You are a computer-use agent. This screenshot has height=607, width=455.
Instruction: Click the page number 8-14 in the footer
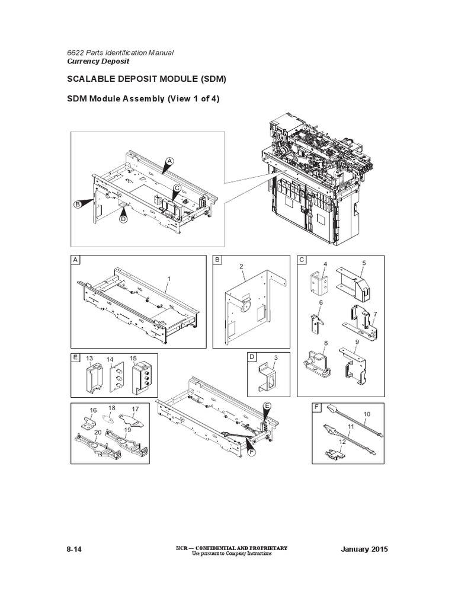click(x=73, y=550)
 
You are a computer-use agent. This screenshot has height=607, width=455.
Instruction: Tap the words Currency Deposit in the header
click(x=98, y=61)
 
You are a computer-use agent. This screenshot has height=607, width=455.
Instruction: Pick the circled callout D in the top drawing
click(x=123, y=219)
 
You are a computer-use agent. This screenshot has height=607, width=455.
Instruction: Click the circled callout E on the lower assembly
click(x=267, y=405)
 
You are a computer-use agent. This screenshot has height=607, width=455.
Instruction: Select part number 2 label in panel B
click(x=242, y=267)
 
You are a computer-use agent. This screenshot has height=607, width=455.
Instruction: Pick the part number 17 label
click(x=135, y=408)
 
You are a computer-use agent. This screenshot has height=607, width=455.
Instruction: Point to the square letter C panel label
click(x=302, y=260)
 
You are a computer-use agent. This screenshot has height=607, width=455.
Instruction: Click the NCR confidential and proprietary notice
click(x=241, y=548)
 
